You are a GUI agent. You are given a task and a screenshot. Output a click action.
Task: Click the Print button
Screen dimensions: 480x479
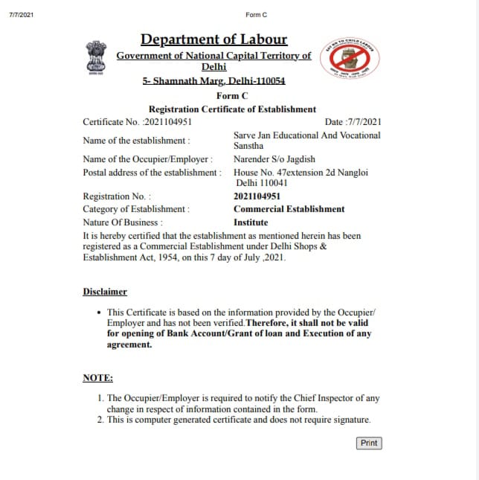[x=369, y=443]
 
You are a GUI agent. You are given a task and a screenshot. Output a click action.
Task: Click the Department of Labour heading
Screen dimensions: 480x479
[x=213, y=39]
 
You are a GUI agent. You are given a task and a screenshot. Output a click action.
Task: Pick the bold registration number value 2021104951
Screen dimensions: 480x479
[x=257, y=196]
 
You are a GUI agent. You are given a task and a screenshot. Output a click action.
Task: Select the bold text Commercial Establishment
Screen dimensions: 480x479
[x=289, y=209]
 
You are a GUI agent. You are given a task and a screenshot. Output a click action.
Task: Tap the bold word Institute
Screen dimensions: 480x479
[x=251, y=222]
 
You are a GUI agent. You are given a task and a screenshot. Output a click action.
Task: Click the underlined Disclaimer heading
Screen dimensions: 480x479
[x=105, y=292]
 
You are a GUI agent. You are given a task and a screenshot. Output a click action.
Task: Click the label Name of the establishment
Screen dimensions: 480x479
[x=136, y=141]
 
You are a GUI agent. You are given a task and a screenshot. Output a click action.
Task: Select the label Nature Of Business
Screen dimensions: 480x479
[x=123, y=222]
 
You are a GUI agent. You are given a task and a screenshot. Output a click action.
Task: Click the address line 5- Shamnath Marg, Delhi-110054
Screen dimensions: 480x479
[x=213, y=81]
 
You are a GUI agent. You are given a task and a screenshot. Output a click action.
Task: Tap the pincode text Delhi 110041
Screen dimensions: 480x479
[x=261, y=183]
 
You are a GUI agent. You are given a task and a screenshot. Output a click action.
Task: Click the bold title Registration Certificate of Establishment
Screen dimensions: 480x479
[x=232, y=109]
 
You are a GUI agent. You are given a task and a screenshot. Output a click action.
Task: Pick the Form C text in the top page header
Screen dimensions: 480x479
[x=256, y=15]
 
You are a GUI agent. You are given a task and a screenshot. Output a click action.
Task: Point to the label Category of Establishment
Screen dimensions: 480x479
[x=136, y=209]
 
